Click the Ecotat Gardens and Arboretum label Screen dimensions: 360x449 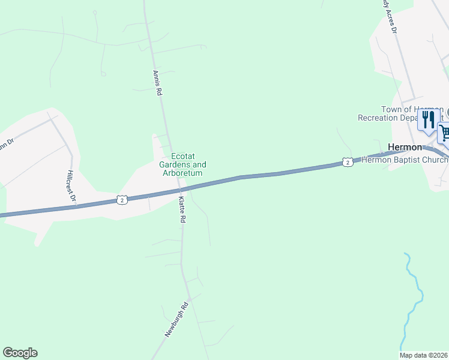pyautogui.click(x=182, y=164)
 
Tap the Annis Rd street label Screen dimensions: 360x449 pyautogui.click(x=157, y=83)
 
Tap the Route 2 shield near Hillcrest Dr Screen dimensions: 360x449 pyautogui.click(x=122, y=200)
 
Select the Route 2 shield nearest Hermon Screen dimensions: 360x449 pyautogui.click(x=348, y=163)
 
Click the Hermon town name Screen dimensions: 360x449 pyautogui.click(x=405, y=147)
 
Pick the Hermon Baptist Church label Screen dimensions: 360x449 pyautogui.click(x=406, y=160)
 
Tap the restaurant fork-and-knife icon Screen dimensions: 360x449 pyautogui.click(x=428, y=119)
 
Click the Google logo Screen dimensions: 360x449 pyautogui.click(x=20, y=353)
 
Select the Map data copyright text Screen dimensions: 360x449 pyautogui.click(x=424, y=355)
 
